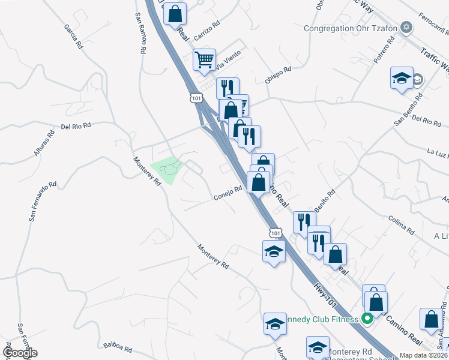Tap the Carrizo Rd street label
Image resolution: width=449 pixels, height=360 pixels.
[x=208, y=31]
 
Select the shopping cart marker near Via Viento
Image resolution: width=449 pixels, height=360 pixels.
[x=204, y=60]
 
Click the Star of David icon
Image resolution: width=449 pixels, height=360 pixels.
[x=407, y=28]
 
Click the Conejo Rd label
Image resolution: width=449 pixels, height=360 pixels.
[x=228, y=193]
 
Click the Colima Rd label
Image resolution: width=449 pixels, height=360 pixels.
[x=402, y=226]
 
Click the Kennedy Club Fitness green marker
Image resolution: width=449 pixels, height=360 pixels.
[x=364, y=319]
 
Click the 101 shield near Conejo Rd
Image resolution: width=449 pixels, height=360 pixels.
[x=275, y=232]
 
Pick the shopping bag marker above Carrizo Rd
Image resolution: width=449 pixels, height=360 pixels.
[x=175, y=13]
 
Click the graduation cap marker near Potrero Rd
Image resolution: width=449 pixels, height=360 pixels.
[x=402, y=78]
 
